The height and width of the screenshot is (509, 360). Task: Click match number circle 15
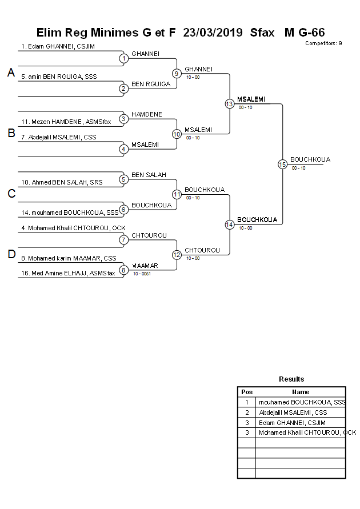282,164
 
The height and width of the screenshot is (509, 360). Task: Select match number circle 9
177,73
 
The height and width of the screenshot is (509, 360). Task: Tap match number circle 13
229,103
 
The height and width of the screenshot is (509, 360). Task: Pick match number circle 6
123,209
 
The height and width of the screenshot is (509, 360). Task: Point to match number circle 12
177,254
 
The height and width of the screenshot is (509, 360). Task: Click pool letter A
11,73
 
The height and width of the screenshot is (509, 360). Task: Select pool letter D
11,255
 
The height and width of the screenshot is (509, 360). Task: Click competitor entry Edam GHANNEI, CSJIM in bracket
58,46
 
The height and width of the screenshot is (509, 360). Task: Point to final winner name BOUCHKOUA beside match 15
310,159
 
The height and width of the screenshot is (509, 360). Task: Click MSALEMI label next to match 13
251,99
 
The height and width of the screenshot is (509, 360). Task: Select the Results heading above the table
291,379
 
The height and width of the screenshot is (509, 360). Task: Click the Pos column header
247,392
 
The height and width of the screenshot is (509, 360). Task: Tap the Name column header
301,392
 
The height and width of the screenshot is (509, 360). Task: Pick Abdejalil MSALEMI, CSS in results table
293,412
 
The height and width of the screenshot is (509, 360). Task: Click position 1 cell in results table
247,402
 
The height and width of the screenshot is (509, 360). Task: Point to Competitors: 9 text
323,43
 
